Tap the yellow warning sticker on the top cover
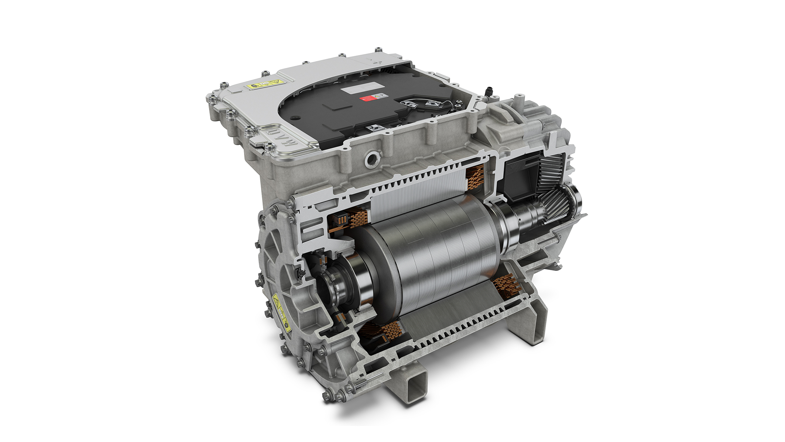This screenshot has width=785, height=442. pos(265,85)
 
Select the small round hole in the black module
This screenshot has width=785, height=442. pos(294,119)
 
